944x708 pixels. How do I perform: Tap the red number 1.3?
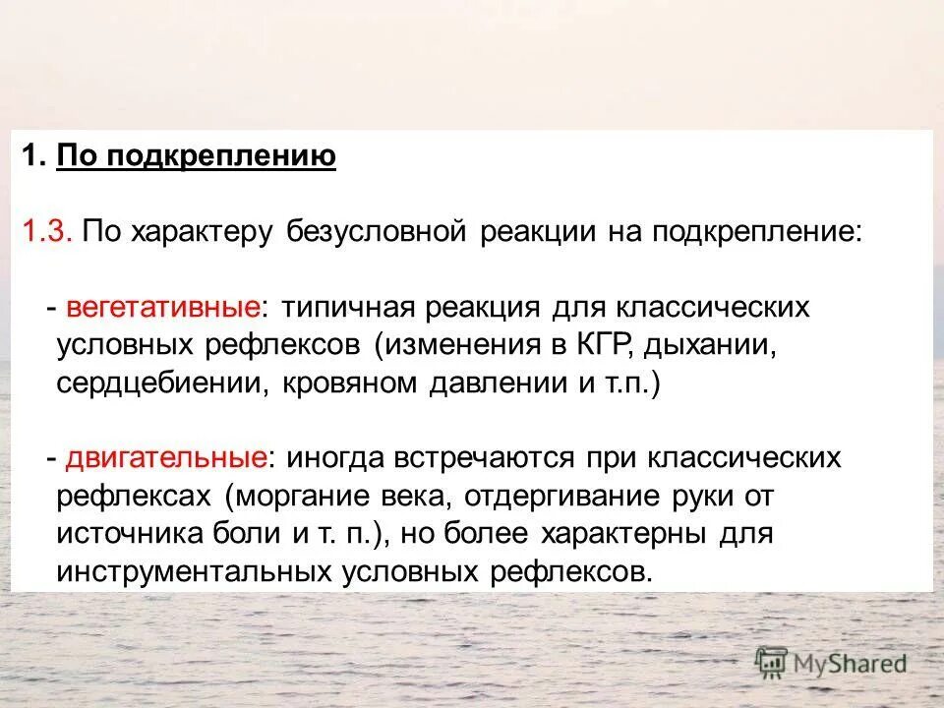(46, 232)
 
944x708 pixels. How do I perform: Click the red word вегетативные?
(164, 308)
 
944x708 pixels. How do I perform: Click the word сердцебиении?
(158, 383)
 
